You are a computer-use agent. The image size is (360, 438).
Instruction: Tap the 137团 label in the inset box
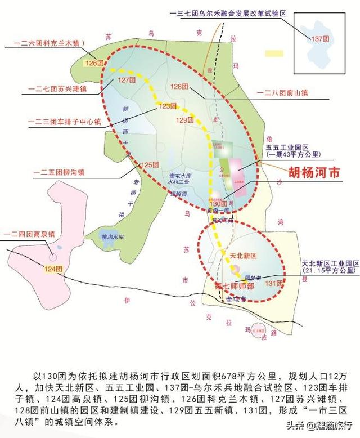pyautogui.click(x=320, y=38)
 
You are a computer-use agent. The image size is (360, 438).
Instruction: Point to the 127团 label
pyautogui.click(x=127, y=81)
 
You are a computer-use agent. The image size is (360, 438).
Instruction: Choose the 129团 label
pyautogui.click(x=184, y=120)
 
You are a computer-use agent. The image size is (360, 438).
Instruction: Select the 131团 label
pyautogui.click(x=272, y=283)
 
